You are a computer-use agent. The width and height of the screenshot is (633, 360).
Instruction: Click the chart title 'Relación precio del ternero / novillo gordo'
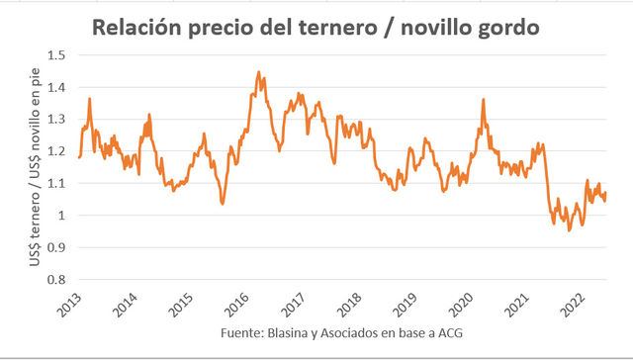[316, 28]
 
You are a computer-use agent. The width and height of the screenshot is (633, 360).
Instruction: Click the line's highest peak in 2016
[258, 72]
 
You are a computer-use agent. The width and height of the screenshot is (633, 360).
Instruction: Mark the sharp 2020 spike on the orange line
[483, 100]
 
